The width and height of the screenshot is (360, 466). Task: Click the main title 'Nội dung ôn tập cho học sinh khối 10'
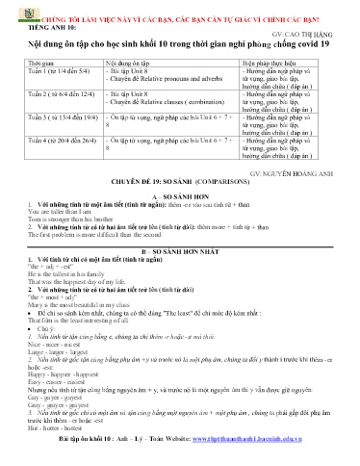181,44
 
